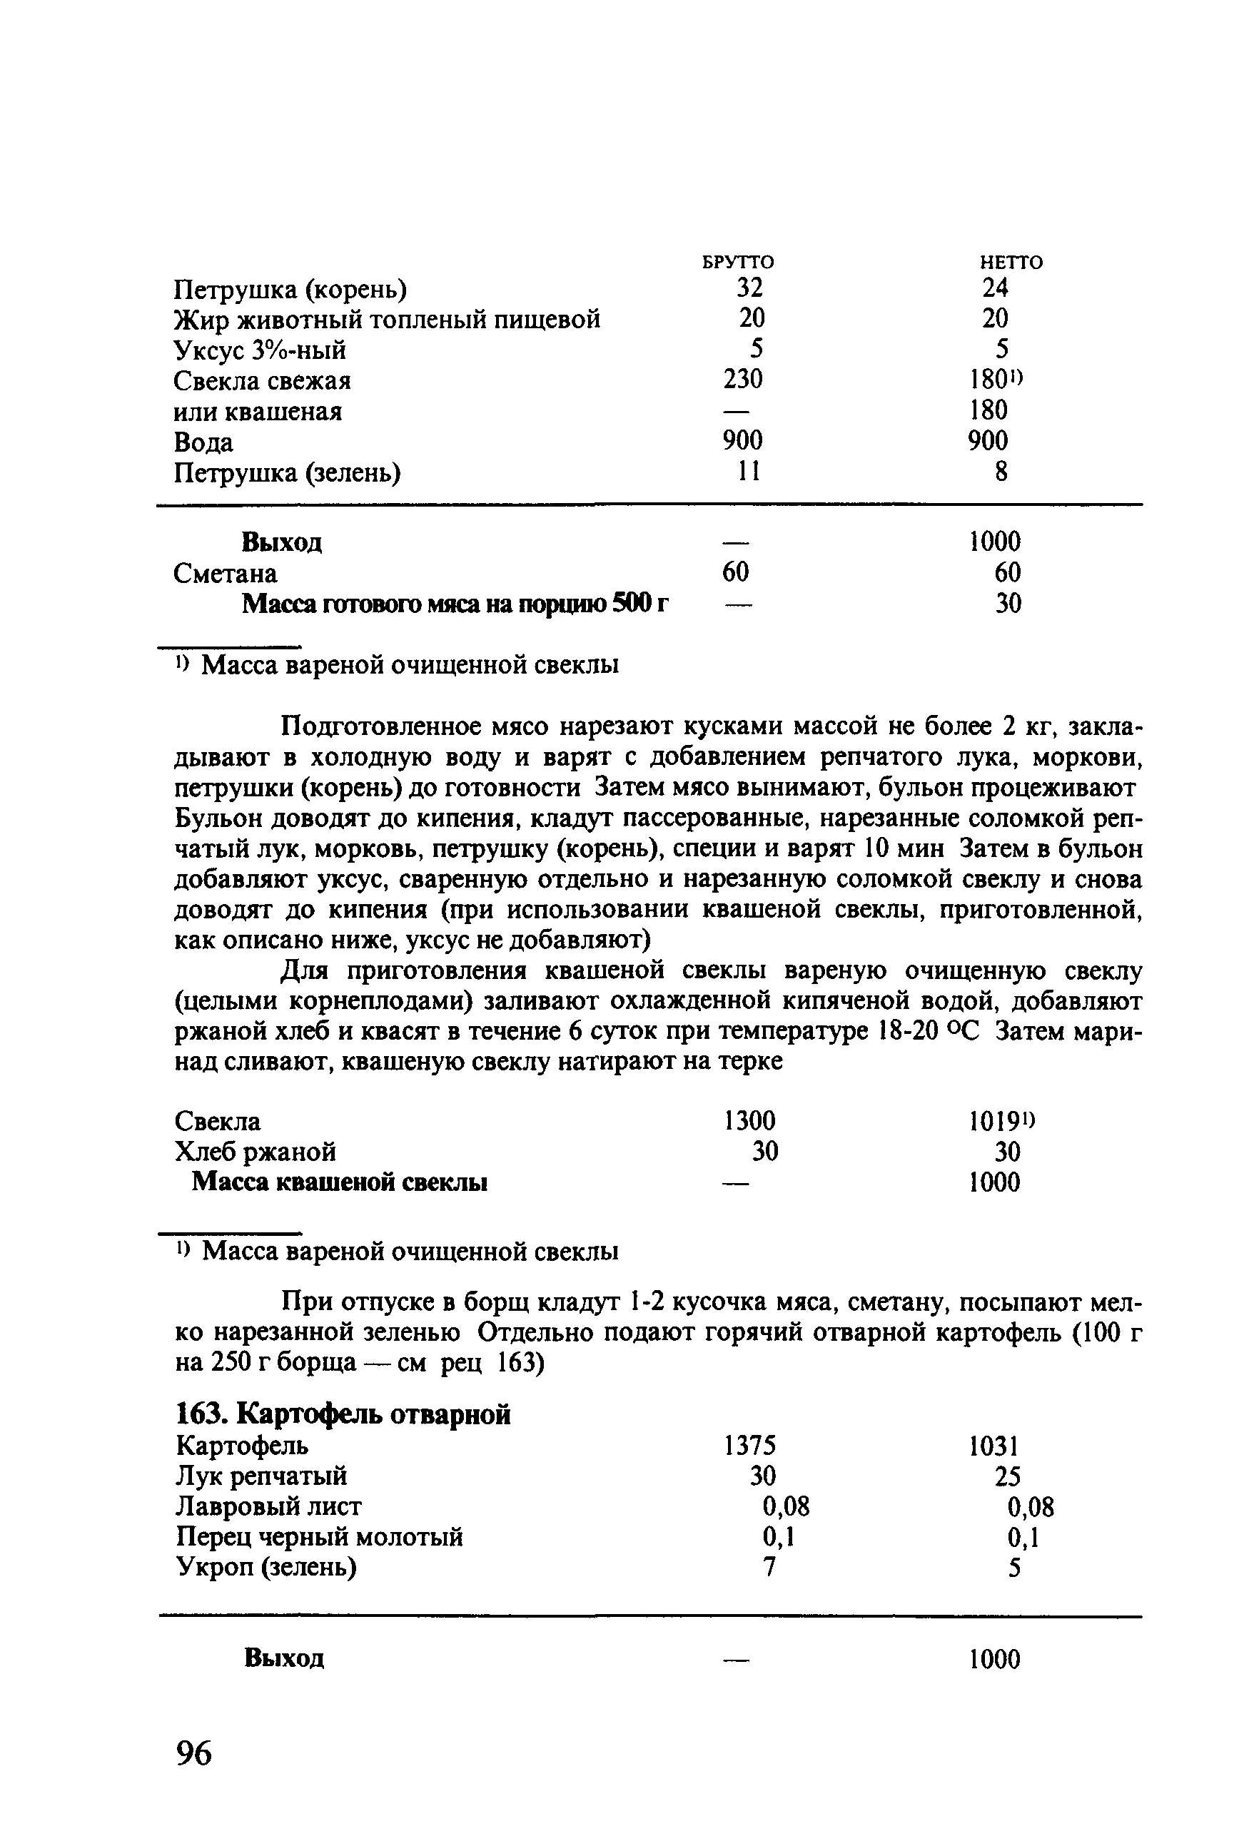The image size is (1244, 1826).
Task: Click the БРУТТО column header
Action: (x=737, y=262)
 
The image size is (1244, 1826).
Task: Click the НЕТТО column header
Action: (x=1011, y=262)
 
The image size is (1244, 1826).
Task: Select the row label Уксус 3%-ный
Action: (x=259, y=350)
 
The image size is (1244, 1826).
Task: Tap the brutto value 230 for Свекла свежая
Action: (x=743, y=380)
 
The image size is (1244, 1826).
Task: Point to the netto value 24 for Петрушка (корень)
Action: (x=994, y=288)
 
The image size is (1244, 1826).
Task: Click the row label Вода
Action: (x=203, y=442)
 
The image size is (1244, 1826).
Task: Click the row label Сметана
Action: (x=225, y=574)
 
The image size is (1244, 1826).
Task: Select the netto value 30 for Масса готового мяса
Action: (x=1008, y=604)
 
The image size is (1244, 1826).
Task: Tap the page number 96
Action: (x=194, y=1751)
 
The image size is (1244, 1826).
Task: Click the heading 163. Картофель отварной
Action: (x=343, y=1414)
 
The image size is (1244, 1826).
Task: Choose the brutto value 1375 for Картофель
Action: (x=749, y=1445)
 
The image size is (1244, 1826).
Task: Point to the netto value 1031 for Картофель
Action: (x=994, y=1446)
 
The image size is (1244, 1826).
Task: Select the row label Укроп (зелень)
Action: (x=266, y=1568)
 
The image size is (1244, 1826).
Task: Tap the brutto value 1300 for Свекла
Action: (x=749, y=1120)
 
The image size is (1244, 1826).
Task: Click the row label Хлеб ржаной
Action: (x=256, y=1152)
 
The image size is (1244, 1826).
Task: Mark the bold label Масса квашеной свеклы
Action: (x=340, y=1182)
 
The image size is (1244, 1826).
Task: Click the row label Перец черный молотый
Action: (x=319, y=1537)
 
